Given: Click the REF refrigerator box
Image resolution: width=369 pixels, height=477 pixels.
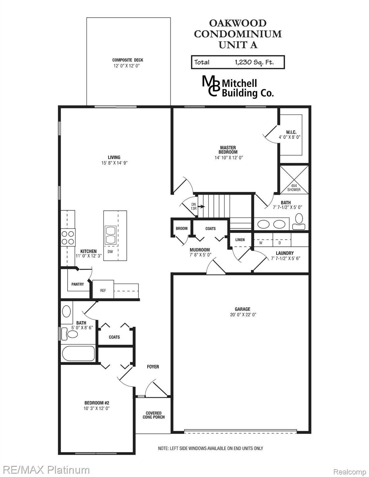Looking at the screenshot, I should [x=103, y=290].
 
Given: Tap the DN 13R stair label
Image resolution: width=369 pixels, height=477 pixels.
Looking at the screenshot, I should [x=194, y=206].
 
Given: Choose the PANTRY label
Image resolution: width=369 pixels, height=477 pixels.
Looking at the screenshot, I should [x=77, y=284].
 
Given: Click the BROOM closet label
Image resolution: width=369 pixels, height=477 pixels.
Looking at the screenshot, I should [x=182, y=229].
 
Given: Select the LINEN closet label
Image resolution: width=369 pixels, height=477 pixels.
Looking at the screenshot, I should [x=240, y=240].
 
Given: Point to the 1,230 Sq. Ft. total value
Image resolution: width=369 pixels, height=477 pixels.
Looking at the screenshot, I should [x=254, y=62].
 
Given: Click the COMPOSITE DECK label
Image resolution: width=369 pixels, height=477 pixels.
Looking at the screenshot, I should [x=128, y=60].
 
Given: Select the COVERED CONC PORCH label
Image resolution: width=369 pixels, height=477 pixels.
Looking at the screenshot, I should [x=154, y=415].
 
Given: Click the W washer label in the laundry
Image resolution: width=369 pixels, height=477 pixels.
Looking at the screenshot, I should [x=261, y=243].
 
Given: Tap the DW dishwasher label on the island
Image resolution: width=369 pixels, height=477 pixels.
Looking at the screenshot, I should [x=110, y=252].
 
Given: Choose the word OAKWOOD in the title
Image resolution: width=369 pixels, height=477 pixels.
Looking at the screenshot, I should [x=238, y=23].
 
